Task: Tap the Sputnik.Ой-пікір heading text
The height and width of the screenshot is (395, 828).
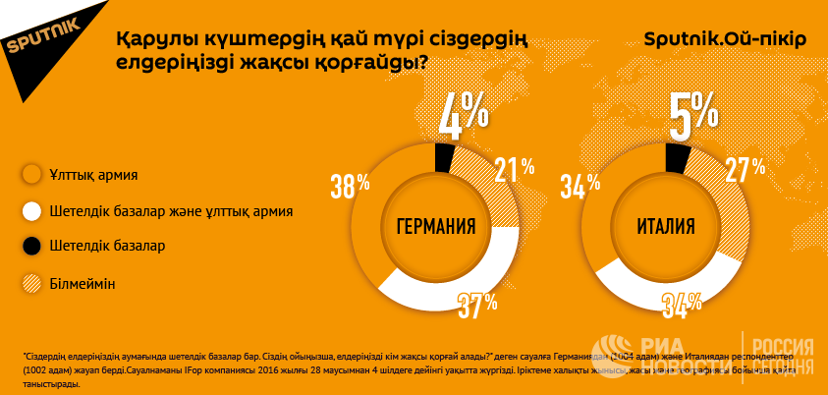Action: click(x=725, y=40)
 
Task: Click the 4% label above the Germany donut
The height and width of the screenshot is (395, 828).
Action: click(x=463, y=116)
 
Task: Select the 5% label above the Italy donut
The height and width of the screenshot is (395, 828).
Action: click(x=693, y=116)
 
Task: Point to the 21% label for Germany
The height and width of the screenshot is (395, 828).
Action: click(x=514, y=171)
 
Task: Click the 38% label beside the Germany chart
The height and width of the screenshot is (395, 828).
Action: click(x=350, y=184)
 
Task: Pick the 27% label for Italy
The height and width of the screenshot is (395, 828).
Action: click(x=745, y=171)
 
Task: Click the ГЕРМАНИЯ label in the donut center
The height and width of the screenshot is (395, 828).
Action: click(x=435, y=227)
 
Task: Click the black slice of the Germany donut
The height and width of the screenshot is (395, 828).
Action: click(x=443, y=157)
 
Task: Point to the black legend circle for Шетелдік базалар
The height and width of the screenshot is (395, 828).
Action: click(x=31, y=247)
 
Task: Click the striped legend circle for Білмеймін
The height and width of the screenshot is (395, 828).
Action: click(x=31, y=283)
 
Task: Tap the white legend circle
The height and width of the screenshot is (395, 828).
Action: click(x=31, y=211)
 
